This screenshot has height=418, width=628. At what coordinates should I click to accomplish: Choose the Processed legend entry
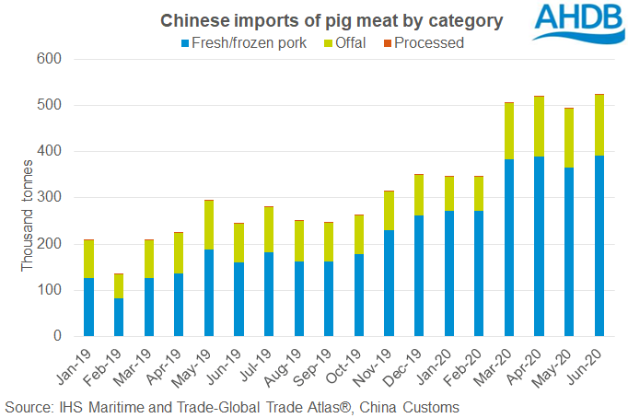[423, 42]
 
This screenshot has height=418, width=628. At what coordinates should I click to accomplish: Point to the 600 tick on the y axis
[48, 59]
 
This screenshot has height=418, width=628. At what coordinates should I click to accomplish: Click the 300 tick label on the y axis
[48, 198]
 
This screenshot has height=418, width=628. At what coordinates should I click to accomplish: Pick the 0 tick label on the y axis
[56, 336]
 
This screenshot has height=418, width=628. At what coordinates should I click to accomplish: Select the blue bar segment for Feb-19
[119, 317]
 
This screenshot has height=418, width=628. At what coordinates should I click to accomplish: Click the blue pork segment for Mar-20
[509, 248]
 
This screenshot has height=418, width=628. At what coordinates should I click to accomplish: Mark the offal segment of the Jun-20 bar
[599, 125]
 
